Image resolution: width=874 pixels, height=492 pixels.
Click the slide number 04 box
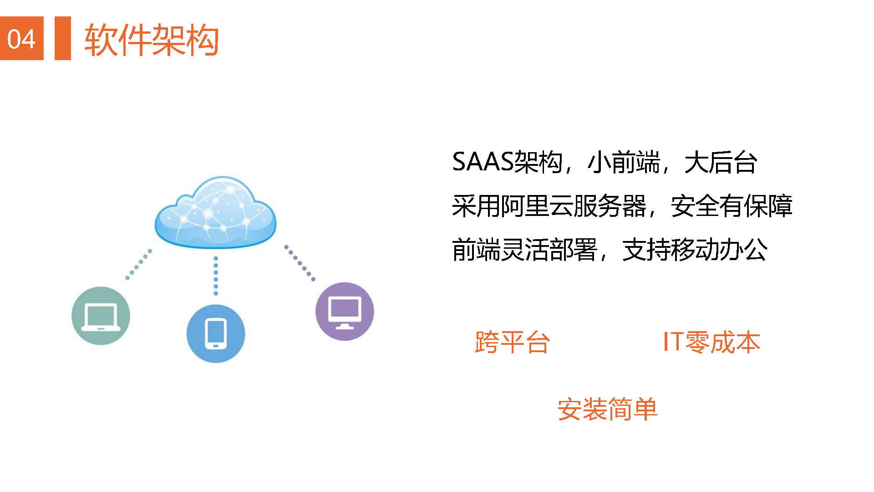click(22, 38)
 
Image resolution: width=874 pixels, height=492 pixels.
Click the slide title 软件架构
click(152, 40)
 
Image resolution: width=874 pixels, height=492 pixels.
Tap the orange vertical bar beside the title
click(63, 38)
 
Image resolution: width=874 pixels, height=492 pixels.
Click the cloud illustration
click(215, 212)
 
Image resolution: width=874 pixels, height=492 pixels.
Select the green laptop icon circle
click(101, 316)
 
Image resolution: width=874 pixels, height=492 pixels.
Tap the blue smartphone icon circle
click(216, 334)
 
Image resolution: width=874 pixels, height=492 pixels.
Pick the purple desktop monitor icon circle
click(345, 312)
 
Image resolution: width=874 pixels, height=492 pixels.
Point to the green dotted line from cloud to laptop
click(138, 264)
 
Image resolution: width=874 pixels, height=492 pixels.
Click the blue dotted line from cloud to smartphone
click(216, 276)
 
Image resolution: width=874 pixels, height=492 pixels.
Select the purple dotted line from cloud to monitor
click(300, 263)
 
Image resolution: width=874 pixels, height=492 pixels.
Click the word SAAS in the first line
click(483, 162)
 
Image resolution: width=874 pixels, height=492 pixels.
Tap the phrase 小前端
click(624, 162)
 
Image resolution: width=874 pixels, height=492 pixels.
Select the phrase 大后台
click(721, 162)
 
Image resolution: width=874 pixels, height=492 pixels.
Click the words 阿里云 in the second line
click(537, 206)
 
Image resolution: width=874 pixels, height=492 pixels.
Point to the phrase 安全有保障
click(732, 206)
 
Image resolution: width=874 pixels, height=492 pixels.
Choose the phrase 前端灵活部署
click(524, 250)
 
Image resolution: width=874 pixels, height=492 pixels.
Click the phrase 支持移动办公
click(695, 250)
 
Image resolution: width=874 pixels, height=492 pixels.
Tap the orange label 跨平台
click(513, 342)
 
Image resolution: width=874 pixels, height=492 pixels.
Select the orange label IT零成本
click(711, 342)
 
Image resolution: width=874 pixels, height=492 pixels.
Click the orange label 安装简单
click(608, 409)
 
